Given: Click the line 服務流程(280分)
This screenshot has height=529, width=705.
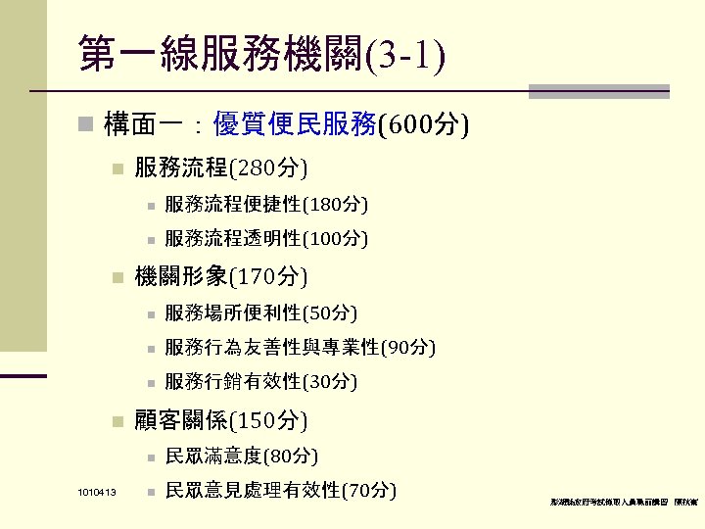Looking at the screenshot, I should [x=220, y=169].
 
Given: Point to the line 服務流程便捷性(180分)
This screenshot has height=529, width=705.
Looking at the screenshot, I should [x=266, y=205].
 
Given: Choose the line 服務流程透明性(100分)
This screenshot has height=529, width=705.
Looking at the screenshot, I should [x=266, y=238].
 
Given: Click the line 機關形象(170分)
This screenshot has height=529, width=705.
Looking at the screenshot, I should [x=220, y=277].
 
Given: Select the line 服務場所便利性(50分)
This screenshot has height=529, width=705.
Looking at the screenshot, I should [x=260, y=313].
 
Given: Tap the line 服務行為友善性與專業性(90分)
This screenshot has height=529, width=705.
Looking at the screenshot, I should [x=300, y=347].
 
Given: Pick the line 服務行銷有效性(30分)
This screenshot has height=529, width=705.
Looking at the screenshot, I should [x=260, y=381].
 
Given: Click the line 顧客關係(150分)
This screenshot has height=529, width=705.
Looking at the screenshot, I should [x=220, y=421].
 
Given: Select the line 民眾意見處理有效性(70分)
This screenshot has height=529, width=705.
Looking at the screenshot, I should [x=280, y=490].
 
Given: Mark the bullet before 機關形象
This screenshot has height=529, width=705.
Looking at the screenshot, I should [x=117, y=278].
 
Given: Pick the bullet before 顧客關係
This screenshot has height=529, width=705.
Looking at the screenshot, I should [x=117, y=422].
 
